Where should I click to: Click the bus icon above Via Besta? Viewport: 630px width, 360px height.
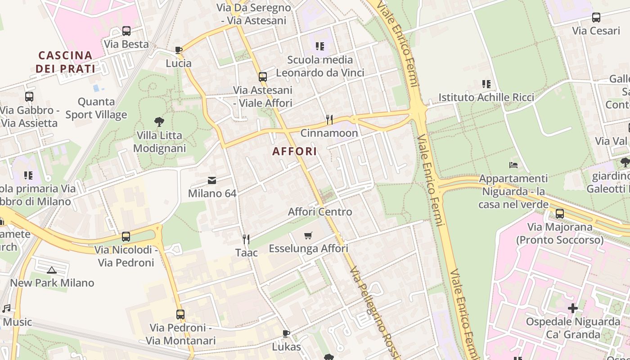coord(126,31)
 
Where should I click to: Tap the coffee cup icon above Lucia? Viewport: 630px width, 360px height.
coord(179,50)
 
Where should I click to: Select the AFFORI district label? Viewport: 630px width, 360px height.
coord(295,151)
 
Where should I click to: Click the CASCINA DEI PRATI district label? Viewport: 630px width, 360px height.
coord(66,62)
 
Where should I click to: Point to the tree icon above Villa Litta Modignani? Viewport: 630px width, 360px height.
coord(159,121)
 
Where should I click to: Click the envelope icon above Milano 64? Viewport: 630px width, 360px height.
coord(211,180)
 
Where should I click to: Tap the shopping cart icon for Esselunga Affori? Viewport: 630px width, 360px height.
coord(308,235)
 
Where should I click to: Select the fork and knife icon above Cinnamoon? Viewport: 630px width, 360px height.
coord(329,120)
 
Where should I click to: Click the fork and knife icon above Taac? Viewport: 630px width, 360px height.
coord(246,239)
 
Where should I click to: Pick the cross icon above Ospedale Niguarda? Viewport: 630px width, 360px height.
coord(572,308)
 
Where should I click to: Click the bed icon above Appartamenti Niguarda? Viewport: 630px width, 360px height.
coord(513,165)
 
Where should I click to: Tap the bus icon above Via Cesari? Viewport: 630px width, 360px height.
coord(596,18)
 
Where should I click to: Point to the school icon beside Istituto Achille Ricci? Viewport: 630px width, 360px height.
coord(486,84)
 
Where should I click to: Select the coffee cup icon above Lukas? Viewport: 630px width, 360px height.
coord(286,333)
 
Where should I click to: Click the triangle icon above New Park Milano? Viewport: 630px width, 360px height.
coord(52,270)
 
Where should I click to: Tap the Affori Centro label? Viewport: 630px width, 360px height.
coord(320,211)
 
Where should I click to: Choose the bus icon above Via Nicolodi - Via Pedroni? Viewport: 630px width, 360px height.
coord(126,236)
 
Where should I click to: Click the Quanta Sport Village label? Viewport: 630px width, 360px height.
coord(96,108)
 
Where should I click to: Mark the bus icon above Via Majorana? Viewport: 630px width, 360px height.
coord(560,214)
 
